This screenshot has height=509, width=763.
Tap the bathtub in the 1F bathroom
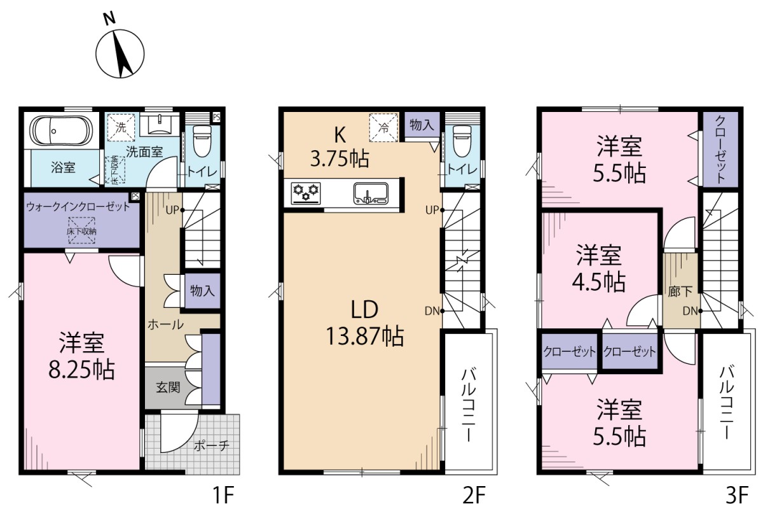click(x=61, y=131)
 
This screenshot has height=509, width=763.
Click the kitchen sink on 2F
click(x=371, y=193)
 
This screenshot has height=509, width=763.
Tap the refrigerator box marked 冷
click(x=383, y=127)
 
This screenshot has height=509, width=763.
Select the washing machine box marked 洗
click(x=121, y=127)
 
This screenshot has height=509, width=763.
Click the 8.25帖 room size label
click(x=82, y=370)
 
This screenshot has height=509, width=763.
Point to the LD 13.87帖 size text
click(x=365, y=323)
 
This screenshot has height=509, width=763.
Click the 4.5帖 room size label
click(x=599, y=282)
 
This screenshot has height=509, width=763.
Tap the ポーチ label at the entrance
click(x=212, y=445)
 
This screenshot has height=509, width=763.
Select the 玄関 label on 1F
click(x=168, y=387)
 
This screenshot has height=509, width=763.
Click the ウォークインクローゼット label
click(x=78, y=206)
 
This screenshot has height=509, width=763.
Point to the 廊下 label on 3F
click(x=680, y=291)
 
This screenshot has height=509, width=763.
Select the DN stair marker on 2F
click(x=432, y=311)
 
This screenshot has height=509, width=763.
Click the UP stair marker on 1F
click(x=172, y=210)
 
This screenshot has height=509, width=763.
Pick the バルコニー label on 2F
click(x=469, y=405)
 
